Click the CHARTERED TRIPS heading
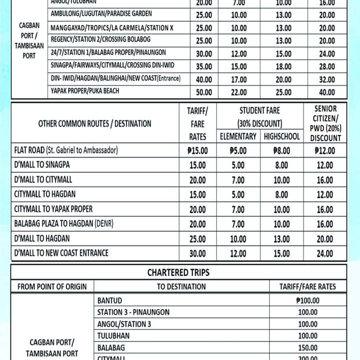click(178, 273)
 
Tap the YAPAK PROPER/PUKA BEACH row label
click(85, 91)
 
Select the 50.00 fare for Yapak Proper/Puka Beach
click(204, 93)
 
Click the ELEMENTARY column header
click(238, 136)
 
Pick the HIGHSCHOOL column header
click(282, 136)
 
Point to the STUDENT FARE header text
click(259, 111)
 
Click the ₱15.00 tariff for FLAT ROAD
click(197, 151)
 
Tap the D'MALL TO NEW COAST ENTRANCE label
click(61, 253)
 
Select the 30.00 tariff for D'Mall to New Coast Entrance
click(197, 254)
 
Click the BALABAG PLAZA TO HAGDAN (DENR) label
click(64, 224)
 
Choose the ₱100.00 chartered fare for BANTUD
click(308, 301)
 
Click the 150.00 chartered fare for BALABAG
click(308, 348)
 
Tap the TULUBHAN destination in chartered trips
click(113, 336)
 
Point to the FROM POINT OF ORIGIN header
click(52, 286)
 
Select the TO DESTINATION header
click(181, 286)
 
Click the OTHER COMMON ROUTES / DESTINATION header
click(95, 124)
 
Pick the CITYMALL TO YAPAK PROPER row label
click(53, 209)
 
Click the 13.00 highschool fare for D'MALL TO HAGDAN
click(282, 239)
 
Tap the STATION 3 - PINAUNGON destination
click(133, 312)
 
